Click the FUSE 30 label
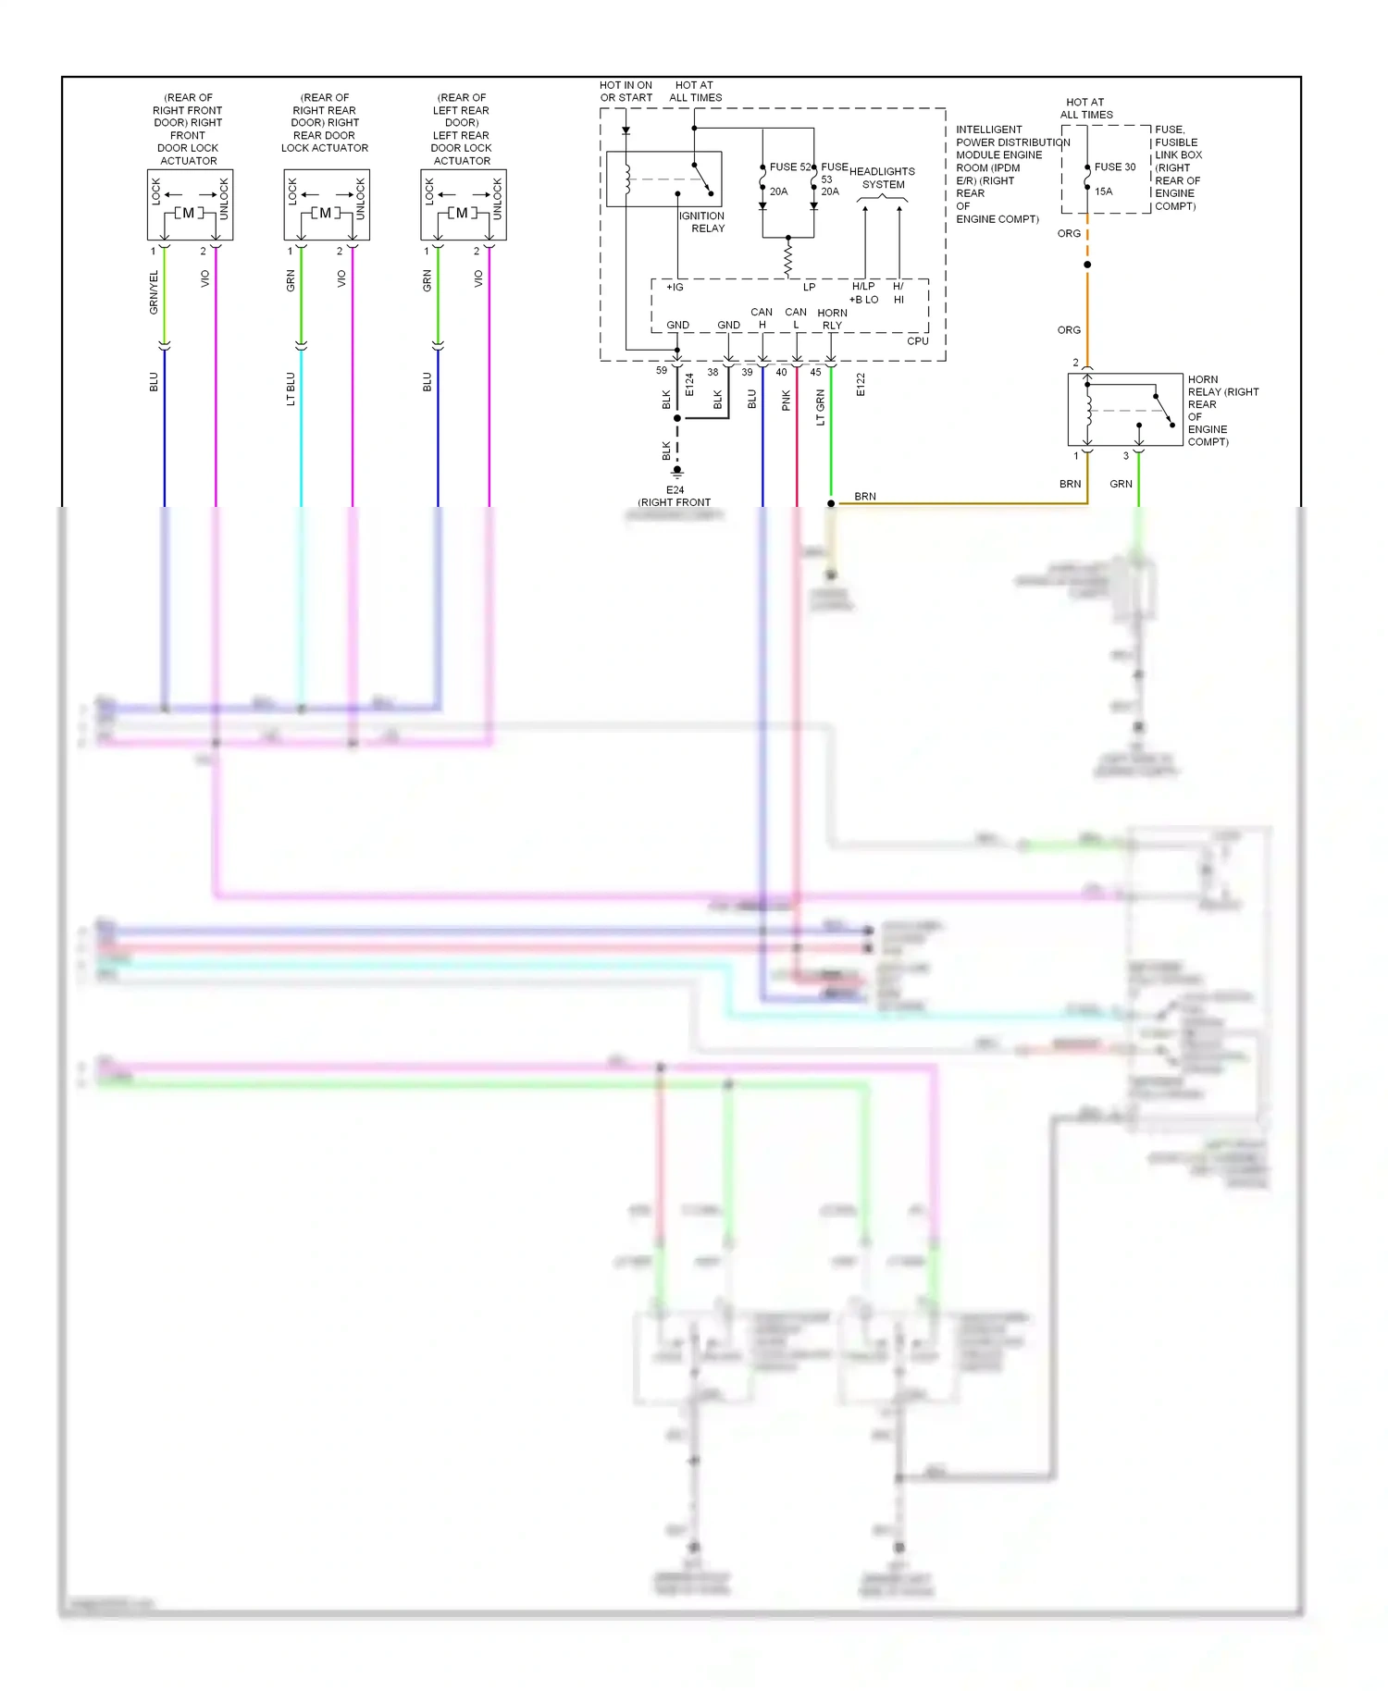pyautogui.click(x=1114, y=167)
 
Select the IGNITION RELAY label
pyautogui.click(x=702, y=222)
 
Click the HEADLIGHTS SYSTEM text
pyautogui.click(x=882, y=178)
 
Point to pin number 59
pyautogui.click(x=662, y=371)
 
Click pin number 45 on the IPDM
pyautogui.click(x=815, y=372)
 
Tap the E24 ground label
pyautogui.click(x=675, y=490)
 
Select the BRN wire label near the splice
pyautogui.click(x=865, y=497)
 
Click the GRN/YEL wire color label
pyautogui.click(x=155, y=292)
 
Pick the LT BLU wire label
pyautogui.click(x=291, y=389)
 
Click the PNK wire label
pyautogui.click(x=786, y=400)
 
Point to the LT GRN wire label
pyautogui.click(x=820, y=407)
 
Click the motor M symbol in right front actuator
pyautogui.click(x=189, y=213)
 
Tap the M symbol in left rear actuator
pyautogui.click(x=462, y=213)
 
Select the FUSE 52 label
pyautogui.click(x=790, y=167)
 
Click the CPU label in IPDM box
pyautogui.click(x=917, y=341)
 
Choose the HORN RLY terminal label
pyautogui.click(x=832, y=319)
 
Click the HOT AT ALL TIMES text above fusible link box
pyautogui.click(x=1085, y=109)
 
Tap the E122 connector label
pyautogui.click(x=861, y=385)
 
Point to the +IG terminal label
pyautogui.click(x=675, y=288)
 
